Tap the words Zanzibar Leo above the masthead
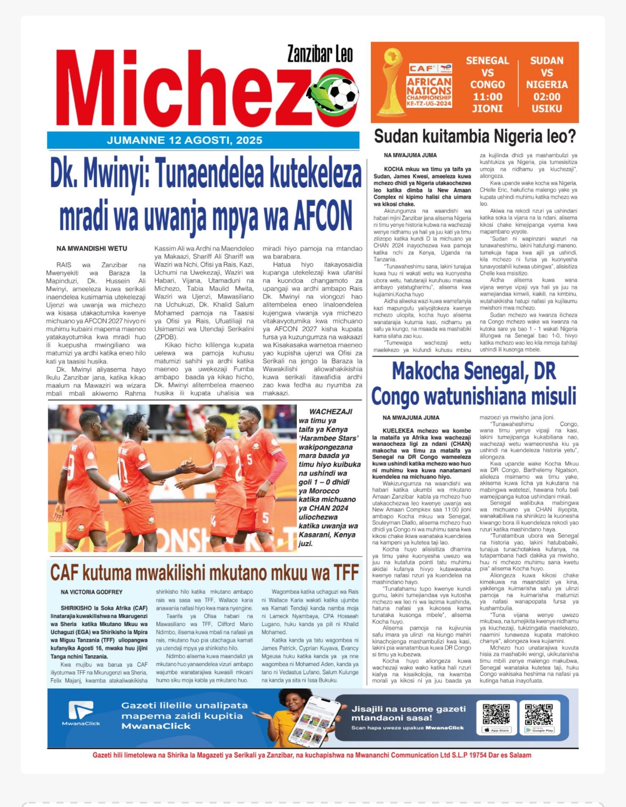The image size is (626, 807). click(x=320, y=54)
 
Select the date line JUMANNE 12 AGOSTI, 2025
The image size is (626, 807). click(x=184, y=140)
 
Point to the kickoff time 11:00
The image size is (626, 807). click(x=487, y=97)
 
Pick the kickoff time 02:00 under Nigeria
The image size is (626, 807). click(x=547, y=97)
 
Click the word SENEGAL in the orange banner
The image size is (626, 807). click(x=487, y=60)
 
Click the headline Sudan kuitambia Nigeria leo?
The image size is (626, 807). click(x=475, y=137)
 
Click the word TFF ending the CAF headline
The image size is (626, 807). click(x=346, y=573)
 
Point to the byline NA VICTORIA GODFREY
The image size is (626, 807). click(x=92, y=592)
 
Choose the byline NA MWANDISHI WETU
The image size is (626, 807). click(x=92, y=248)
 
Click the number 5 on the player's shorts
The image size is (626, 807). click(x=266, y=517)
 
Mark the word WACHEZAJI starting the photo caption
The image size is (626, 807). click(x=330, y=412)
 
